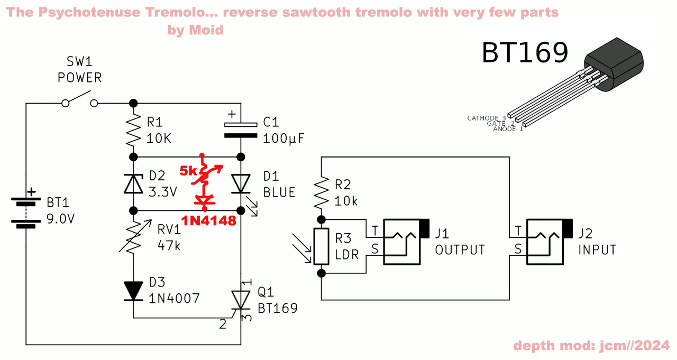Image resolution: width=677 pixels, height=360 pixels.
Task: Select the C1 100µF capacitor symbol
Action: (x=241, y=130)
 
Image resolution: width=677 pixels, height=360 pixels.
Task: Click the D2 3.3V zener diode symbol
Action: (x=133, y=183)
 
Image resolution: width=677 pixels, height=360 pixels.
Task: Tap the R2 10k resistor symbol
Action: (x=321, y=193)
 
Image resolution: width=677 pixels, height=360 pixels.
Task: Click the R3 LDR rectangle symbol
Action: (x=321, y=246)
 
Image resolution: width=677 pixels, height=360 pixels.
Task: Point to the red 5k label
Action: (x=188, y=171)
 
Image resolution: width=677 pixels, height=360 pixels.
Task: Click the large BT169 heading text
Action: (x=525, y=53)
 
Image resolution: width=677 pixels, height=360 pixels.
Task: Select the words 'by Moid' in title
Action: (x=196, y=30)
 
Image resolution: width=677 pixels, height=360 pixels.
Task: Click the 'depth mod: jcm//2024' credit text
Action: (x=591, y=346)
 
